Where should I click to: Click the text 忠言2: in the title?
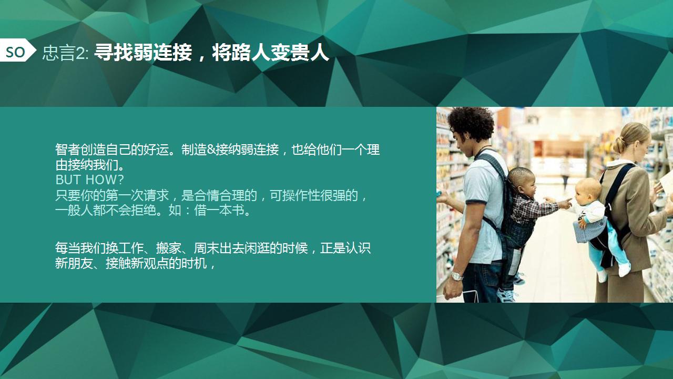tap(66, 54)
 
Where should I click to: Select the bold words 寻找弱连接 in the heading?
tap(143, 53)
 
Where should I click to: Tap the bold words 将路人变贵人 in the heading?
tap(270, 53)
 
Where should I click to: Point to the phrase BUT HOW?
tap(89, 179)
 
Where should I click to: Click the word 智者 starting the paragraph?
tap(68, 149)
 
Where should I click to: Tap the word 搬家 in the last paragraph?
tap(169, 248)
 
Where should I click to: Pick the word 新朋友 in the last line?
tap(74, 264)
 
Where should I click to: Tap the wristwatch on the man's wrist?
tap(456, 276)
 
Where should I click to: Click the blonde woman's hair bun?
tap(619, 145)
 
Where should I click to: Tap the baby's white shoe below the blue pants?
tap(624, 270)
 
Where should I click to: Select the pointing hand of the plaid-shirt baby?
tap(565, 204)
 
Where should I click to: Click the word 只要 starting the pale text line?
tap(68, 195)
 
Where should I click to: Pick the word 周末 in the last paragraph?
tap(206, 248)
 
